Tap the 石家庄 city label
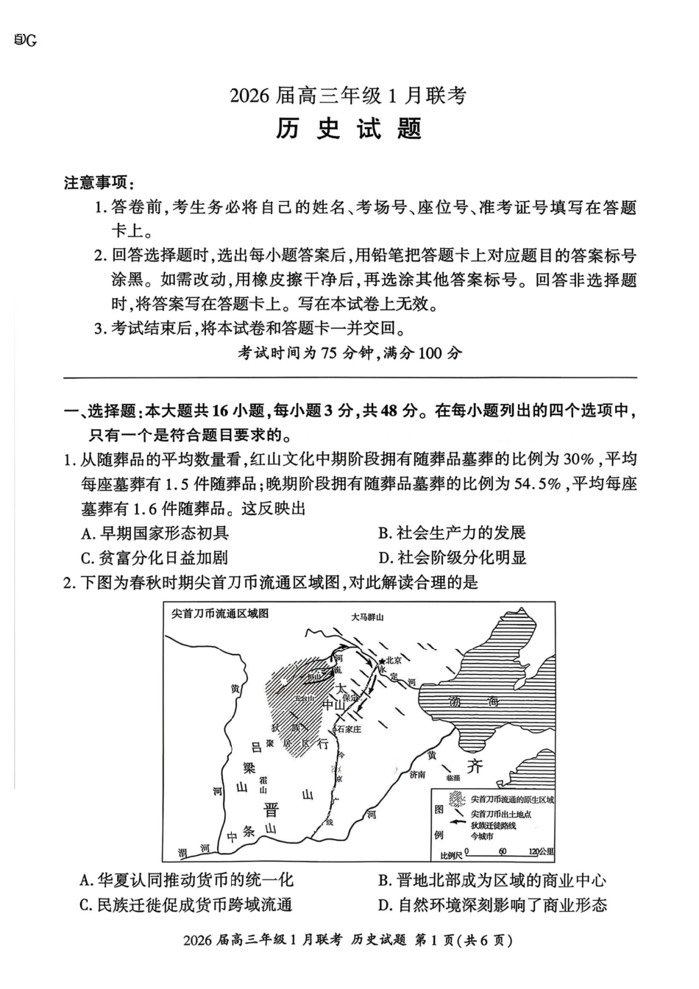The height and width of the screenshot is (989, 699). (349, 729)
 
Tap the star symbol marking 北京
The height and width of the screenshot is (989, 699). (383, 663)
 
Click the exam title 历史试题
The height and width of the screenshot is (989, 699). (349, 129)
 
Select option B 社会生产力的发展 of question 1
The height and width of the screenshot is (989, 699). (452, 533)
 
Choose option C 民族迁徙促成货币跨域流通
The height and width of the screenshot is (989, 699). (186, 904)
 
